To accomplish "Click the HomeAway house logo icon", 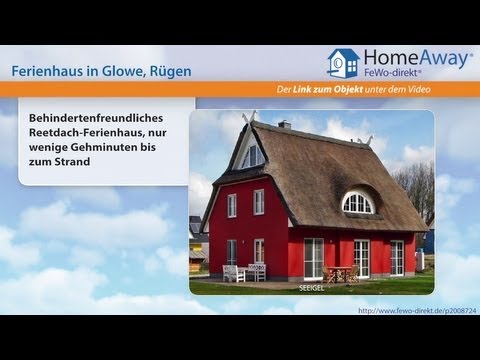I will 343,62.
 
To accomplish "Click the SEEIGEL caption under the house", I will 311,287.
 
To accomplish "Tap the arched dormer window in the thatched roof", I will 357,203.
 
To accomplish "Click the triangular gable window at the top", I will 252,155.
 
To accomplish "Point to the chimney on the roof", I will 285,125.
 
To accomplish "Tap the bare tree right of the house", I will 418,190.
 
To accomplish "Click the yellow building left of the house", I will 196,251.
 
